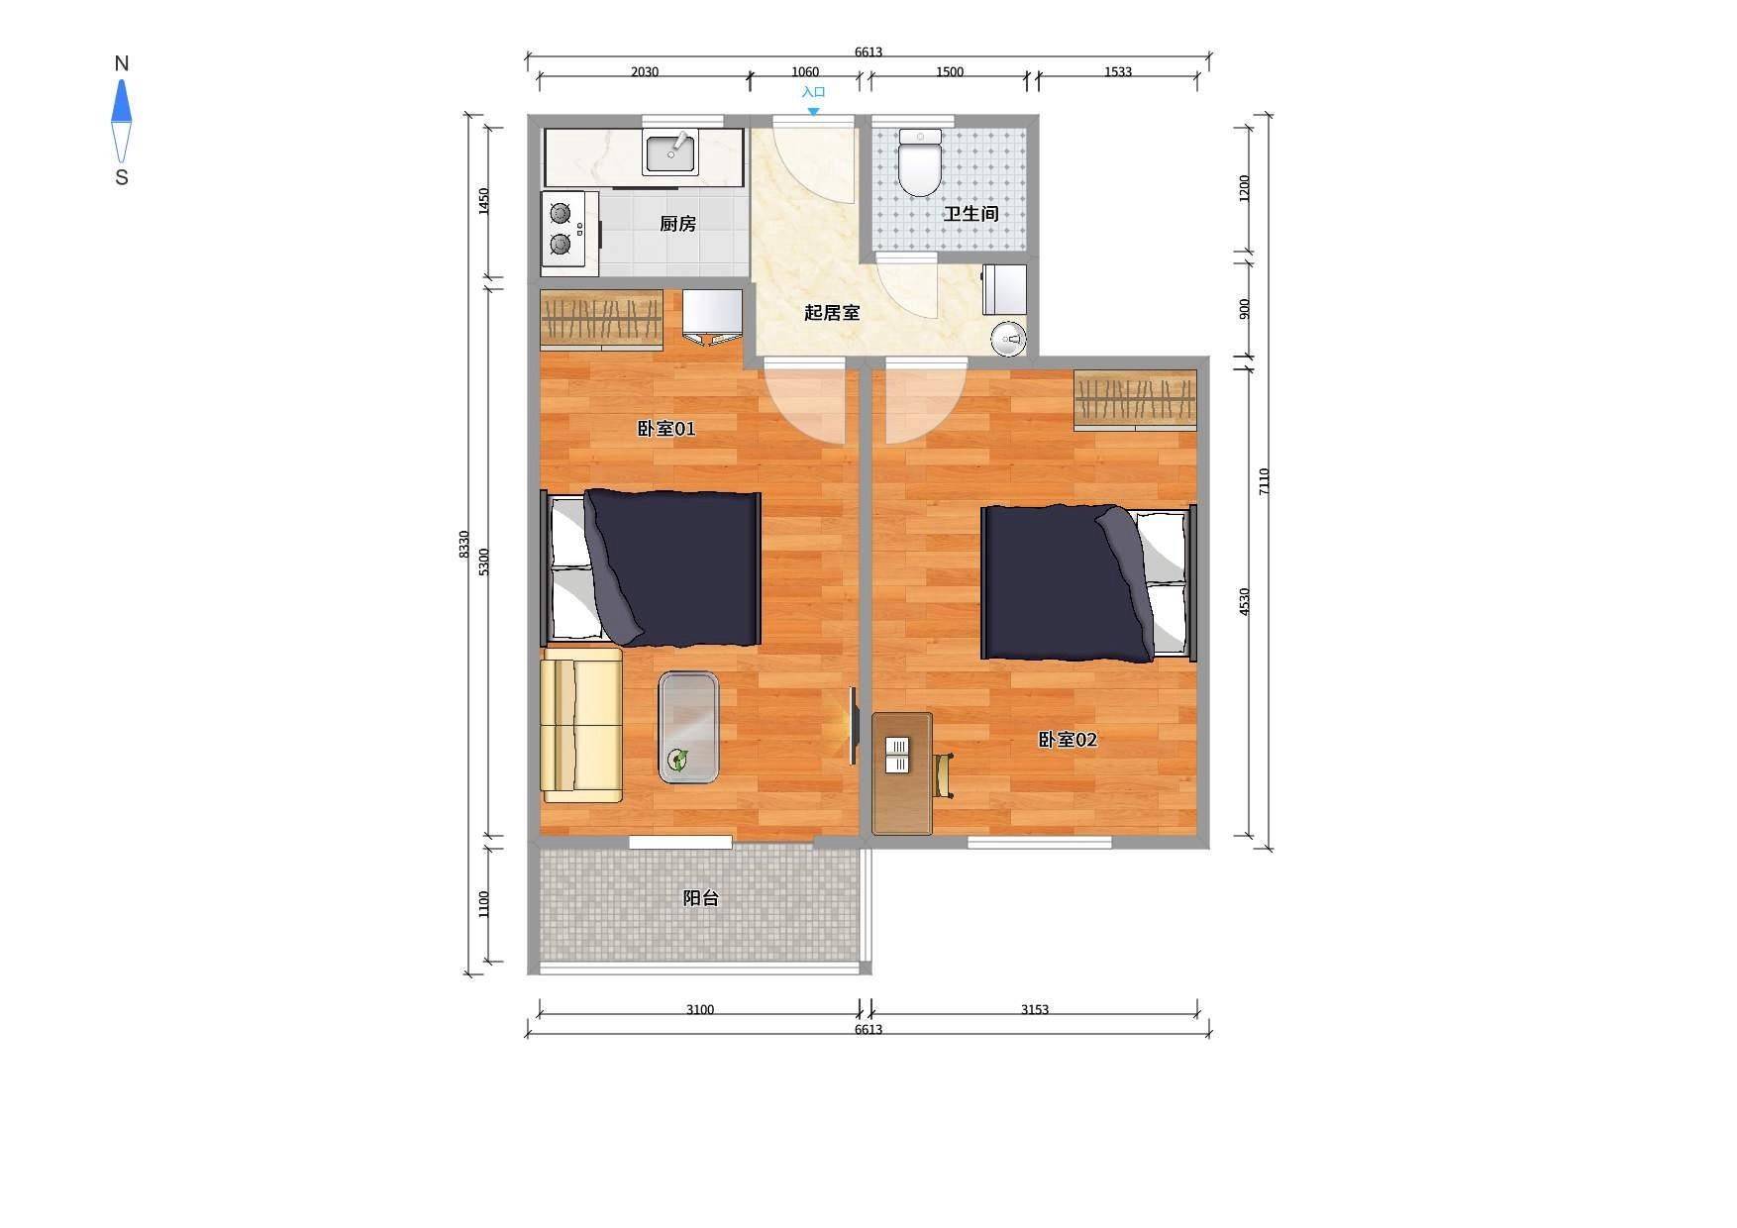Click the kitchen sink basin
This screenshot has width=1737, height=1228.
pyautogui.click(x=670, y=153)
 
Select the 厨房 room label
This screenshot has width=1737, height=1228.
pyautogui.click(x=678, y=224)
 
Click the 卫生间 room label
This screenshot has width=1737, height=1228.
pyautogui.click(x=971, y=214)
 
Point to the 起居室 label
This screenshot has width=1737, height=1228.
pyautogui.click(x=832, y=313)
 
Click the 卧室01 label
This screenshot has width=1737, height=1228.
pyautogui.click(x=665, y=429)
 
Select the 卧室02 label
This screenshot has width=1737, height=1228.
pyautogui.click(x=1068, y=740)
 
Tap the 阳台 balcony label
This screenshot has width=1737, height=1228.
pyautogui.click(x=701, y=898)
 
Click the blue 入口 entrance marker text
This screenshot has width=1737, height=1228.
pyautogui.click(x=813, y=92)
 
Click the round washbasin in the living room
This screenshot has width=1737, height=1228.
pyautogui.click(x=1008, y=339)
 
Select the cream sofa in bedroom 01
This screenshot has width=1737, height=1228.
pyautogui.click(x=581, y=725)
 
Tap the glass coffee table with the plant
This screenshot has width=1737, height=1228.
pyautogui.click(x=688, y=728)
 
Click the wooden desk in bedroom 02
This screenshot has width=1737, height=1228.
pyautogui.click(x=902, y=773)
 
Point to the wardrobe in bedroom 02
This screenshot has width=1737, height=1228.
pyautogui.click(x=1135, y=400)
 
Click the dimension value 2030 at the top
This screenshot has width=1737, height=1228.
pyautogui.click(x=645, y=71)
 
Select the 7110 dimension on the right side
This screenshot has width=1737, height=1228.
pyautogui.click(x=1264, y=481)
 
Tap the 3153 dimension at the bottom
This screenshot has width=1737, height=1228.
pyautogui.click(x=1035, y=1010)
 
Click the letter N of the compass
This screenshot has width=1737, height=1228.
pyautogui.click(x=122, y=63)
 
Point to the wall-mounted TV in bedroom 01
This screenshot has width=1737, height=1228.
pyautogui.click(x=854, y=726)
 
